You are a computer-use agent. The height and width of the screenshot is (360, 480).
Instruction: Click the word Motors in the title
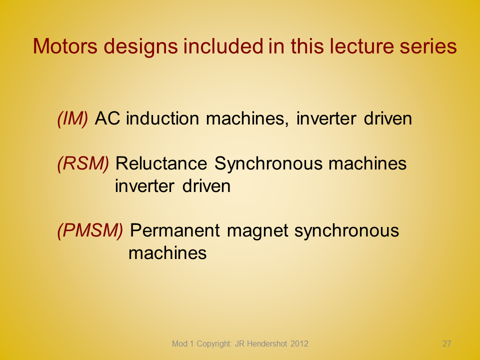tap(65, 46)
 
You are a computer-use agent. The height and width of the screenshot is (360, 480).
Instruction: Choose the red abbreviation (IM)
tap(73, 118)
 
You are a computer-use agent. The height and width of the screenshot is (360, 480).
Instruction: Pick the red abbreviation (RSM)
tap(83, 163)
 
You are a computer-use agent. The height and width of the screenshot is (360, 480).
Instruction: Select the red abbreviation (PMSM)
tap(90, 230)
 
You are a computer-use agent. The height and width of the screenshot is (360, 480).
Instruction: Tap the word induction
tap(162, 118)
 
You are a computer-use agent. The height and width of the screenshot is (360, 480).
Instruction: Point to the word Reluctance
tap(161, 163)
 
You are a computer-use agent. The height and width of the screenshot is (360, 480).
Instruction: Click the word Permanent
tap(175, 230)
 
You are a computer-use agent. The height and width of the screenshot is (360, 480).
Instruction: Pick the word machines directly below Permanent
tap(168, 253)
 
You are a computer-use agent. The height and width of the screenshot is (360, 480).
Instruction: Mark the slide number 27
tap(446, 344)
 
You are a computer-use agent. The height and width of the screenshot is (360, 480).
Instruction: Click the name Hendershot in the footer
tap(267, 344)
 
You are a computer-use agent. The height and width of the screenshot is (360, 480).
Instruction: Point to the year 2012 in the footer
tap(299, 344)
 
